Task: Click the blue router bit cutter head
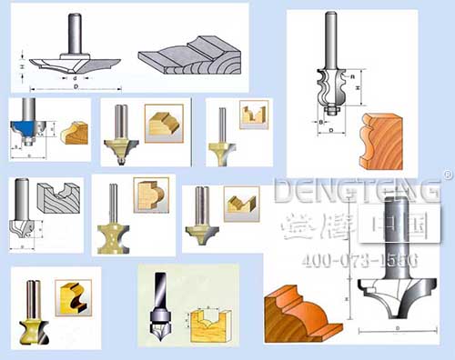tap(23, 127)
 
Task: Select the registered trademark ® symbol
tap(447, 174)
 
